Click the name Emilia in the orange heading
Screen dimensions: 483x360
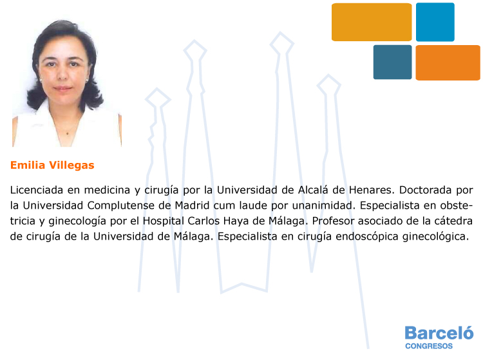(x=28, y=165)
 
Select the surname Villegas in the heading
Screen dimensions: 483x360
(x=71, y=166)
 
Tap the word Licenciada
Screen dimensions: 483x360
(x=36, y=190)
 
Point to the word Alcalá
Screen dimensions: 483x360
(x=313, y=190)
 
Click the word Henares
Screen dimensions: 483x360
(x=372, y=190)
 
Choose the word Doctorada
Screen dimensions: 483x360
(x=426, y=190)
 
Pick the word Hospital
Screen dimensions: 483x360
(x=164, y=221)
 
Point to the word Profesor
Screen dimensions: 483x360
(x=333, y=221)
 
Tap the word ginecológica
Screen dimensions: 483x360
(x=435, y=236)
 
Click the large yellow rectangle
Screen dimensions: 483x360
(x=372, y=22)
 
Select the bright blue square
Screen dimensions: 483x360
(x=435, y=22)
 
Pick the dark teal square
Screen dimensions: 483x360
(x=392, y=62)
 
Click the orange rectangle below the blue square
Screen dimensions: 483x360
(x=448, y=63)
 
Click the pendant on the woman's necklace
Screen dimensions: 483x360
(x=68, y=133)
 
